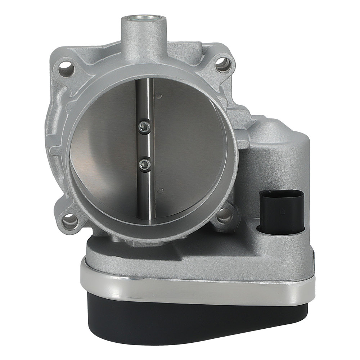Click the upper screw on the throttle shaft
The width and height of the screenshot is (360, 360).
click(x=144, y=125)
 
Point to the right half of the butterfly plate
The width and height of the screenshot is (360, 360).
click(x=187, y=144)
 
